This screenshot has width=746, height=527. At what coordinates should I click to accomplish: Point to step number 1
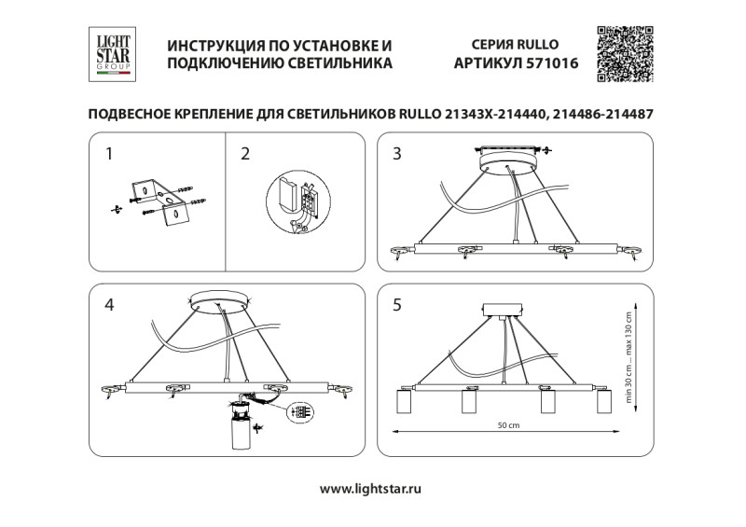[110, 154]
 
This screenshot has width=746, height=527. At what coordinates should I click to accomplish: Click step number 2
[245, 154]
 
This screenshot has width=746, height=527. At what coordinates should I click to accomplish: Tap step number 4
[110, 304]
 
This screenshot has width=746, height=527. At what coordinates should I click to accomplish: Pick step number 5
[397, 304]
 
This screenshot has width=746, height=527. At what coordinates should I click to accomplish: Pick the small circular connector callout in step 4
[299, 411]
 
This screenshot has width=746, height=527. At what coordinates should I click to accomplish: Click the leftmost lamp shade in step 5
[405, 402]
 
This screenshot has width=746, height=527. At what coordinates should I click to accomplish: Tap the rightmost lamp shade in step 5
[603, 402]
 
